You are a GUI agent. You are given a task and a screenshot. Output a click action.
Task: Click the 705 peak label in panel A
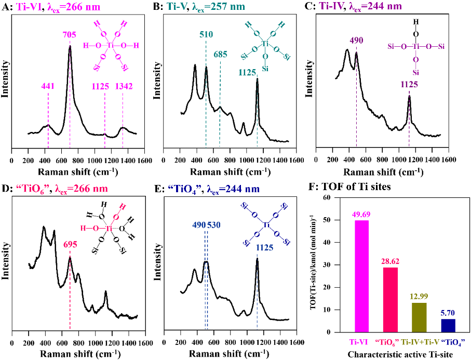click(x=70, y=36)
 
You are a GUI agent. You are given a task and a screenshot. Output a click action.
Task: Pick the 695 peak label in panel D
click(x=70, y=244)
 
